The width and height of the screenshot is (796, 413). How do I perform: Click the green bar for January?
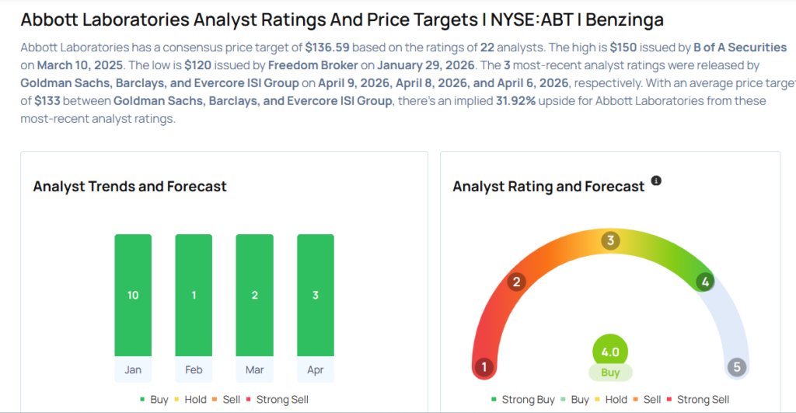133,295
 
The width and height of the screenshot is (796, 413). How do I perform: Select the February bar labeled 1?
194,295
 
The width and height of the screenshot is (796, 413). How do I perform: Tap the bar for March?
254,295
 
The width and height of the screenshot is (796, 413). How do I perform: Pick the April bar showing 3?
315,295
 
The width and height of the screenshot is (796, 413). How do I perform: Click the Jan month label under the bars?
133,369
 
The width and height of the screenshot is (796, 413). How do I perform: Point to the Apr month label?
315,369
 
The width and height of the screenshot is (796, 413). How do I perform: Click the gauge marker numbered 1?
484,367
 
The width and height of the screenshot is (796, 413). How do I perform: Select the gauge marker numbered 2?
515,282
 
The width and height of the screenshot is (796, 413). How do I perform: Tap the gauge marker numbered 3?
610,241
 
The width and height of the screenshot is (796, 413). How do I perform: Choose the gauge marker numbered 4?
705,282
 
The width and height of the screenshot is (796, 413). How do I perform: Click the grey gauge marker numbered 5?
736,367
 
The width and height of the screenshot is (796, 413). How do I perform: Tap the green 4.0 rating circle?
610,352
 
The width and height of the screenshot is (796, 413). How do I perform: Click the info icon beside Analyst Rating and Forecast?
656,181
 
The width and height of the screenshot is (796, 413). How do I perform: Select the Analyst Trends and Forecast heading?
130,187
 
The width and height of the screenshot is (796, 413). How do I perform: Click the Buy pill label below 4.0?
610,373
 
